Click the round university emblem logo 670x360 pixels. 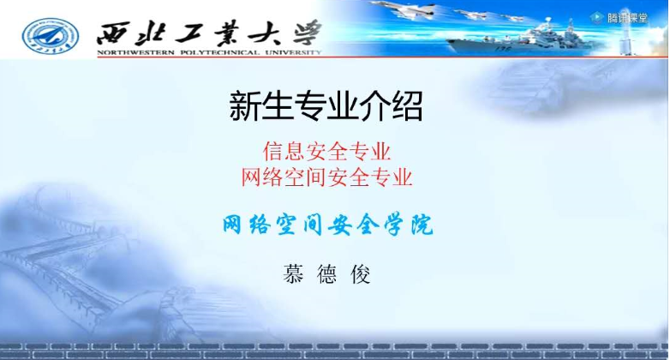(51, 35)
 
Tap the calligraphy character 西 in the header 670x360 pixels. (113, 33)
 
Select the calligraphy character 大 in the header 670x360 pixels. (265, 33)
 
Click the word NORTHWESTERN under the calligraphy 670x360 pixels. (136, 52)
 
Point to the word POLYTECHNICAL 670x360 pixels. (220, 52)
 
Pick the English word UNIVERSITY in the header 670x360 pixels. (293, 52)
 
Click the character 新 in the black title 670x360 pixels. (245, 106)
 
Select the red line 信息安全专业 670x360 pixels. (327, 152)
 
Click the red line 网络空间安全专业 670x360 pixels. (327, 177)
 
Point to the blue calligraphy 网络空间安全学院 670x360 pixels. (328, 225)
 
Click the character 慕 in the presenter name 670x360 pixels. (293, 274)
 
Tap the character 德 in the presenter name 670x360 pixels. (327, 274)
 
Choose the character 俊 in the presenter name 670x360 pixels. (361, 274)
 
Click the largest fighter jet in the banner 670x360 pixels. (402, 9)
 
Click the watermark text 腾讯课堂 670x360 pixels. (628, 18)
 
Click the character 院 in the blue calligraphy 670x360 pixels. (422, 225)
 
